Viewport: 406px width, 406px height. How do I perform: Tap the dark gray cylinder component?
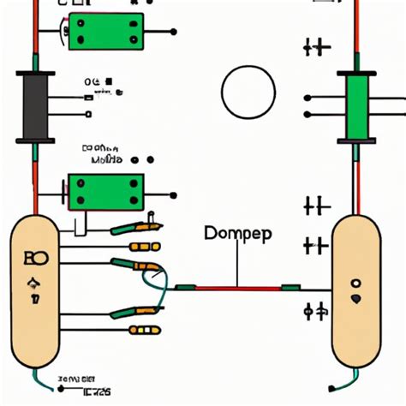[34, 108]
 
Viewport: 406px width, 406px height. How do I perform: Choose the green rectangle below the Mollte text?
[104, 191]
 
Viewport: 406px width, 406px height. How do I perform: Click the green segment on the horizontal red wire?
[291, 288]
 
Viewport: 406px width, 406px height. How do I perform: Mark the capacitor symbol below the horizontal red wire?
[314, 309]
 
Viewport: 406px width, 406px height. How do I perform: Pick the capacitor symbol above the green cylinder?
[316, 47]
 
